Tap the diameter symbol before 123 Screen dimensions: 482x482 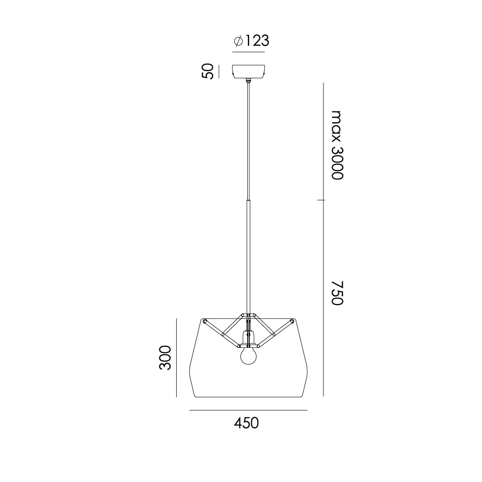238,41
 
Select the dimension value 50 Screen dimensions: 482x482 207,72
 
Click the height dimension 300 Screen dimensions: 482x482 166,357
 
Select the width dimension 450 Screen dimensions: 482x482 246,423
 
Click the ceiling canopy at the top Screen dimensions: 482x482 248,72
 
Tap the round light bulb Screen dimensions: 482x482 248,356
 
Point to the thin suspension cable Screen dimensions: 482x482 248,140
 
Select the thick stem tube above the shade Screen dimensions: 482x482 248,254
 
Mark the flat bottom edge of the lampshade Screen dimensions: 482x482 248,397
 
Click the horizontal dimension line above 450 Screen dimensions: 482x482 248,410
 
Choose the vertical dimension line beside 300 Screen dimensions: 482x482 176,357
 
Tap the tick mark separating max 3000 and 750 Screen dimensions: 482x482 323,200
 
